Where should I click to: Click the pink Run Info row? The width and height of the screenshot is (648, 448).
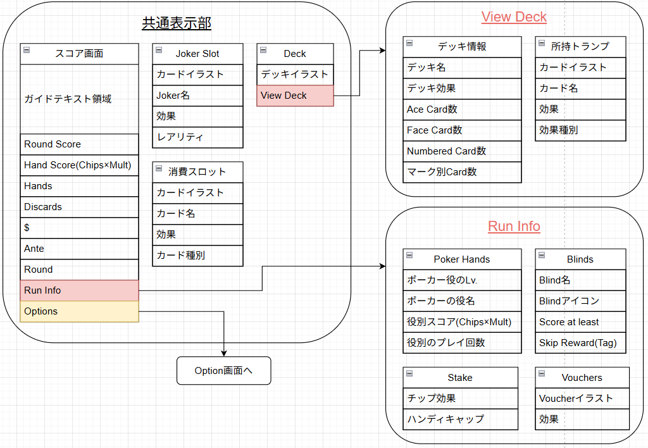click(79, 290)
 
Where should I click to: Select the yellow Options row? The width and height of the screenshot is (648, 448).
click(79, 311)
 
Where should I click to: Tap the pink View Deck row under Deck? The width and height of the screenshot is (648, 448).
click(295, 96)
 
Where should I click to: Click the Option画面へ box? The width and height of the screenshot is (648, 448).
click(223, 371)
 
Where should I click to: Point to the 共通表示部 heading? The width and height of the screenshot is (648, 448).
click(177, 23)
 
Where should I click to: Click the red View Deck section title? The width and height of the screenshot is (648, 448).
click(514, 17)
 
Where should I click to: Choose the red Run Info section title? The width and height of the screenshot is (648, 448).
click(514, 227)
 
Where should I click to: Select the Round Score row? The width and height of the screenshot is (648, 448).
click(79, 144)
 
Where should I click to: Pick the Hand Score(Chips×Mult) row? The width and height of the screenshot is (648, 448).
click(79, 165)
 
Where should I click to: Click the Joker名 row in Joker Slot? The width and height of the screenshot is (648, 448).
click(197, 96)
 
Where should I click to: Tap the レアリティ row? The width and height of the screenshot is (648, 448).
click(197, 137)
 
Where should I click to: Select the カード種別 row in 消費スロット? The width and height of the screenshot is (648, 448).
click(197, 256)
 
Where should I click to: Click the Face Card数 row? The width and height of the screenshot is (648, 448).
click(462, 130)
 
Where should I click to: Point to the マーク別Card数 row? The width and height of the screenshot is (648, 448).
click(462, 172)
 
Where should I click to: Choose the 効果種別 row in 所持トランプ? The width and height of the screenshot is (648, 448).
click(580, 130)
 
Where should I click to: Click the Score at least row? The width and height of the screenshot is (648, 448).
click(580, 322)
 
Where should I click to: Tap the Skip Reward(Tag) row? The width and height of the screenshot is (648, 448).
click(580, 343)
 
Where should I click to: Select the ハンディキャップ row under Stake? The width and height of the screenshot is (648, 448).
click(461, 420)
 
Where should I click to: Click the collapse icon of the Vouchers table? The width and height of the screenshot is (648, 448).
click(542, 373)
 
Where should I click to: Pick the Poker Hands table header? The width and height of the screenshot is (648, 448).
click(462, 259)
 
